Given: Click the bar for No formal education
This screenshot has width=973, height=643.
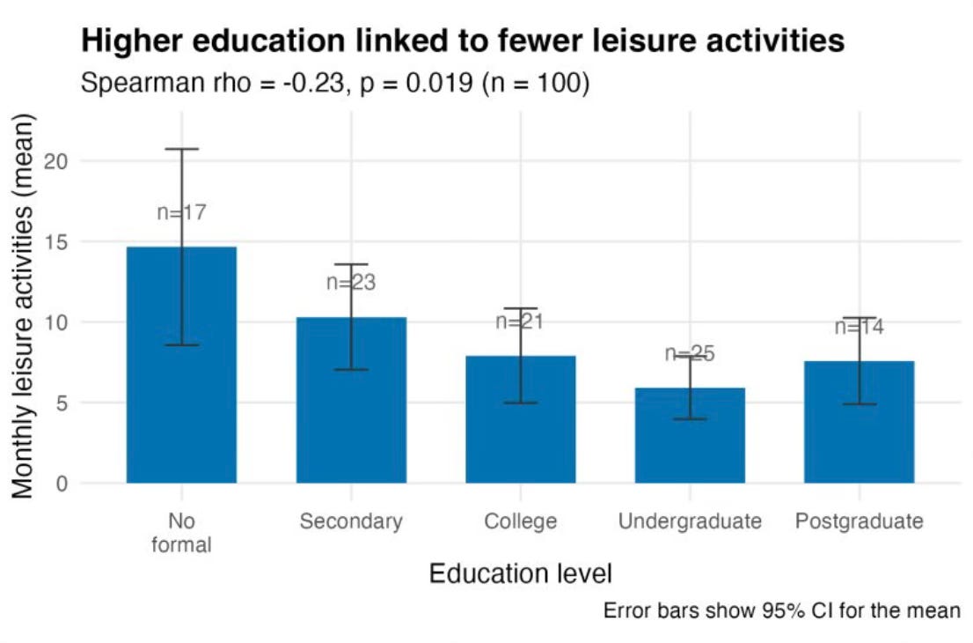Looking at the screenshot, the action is click(181, 365).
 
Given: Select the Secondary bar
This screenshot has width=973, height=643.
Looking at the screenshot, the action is click(351, 400).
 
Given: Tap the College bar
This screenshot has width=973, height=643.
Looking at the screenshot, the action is click(521, 419).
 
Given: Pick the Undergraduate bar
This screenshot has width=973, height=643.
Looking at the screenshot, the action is click(690, 435).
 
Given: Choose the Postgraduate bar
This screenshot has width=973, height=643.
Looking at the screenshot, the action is click(860, 422).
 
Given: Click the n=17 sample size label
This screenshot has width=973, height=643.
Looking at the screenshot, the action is click(181, 212).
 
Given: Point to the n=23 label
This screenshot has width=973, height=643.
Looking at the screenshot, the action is click(351, 282).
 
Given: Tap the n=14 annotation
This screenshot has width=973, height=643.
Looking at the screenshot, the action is click(860, 327).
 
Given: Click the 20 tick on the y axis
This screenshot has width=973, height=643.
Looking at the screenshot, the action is click(55, 161).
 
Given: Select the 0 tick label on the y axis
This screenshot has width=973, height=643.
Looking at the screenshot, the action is click(62, 484).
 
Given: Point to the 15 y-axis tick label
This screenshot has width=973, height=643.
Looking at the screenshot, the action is click(55, 241).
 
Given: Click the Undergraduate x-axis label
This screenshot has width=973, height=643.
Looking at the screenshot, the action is click(690, 521).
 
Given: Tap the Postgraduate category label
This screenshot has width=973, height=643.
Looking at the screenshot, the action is click(860, 521).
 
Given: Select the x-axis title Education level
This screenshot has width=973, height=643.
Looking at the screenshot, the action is click(521, 573).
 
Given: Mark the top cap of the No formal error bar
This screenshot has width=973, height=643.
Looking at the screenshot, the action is click(181, 149).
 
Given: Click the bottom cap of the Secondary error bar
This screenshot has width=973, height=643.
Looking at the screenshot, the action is click(351, 370).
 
